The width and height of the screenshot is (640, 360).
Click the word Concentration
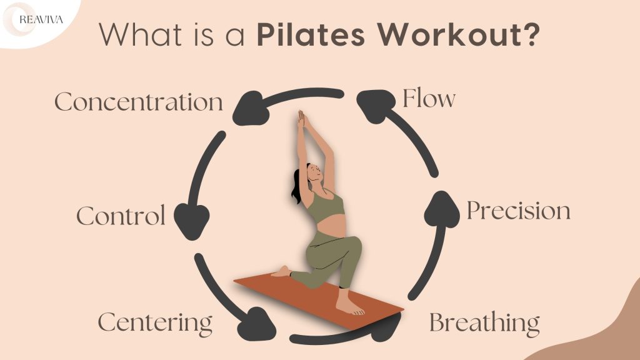pos(138,102)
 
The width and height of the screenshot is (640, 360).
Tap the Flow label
pos(429,99)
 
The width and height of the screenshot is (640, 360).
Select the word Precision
pos(518,211)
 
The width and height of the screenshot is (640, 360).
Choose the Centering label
pos(155,323)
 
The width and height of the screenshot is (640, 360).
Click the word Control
pos(121,216)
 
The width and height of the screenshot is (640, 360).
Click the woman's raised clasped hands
pos(301,120)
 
